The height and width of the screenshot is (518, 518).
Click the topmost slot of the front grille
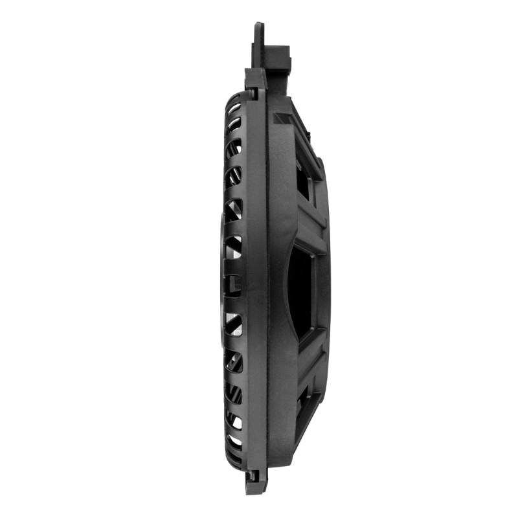click(234, 107)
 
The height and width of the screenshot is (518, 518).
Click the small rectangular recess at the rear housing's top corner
click(282, 119)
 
